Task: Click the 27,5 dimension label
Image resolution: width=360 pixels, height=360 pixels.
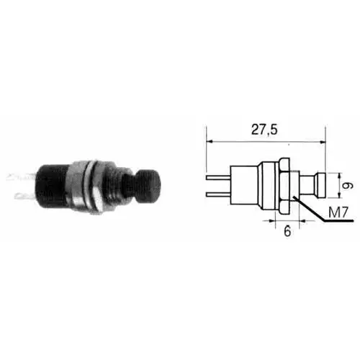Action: [264, 130]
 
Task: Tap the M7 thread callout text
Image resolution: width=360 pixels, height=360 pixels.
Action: [338, 212]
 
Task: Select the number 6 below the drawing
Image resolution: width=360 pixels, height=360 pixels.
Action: [287, 231]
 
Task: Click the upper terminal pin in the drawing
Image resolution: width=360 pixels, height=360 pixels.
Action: [218, 178]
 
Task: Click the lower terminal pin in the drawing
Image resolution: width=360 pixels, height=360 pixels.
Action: [218, 194]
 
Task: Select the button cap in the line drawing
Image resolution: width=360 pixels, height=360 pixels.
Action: [321, 186]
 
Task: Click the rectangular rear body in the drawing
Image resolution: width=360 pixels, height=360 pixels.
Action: [244, 185]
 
